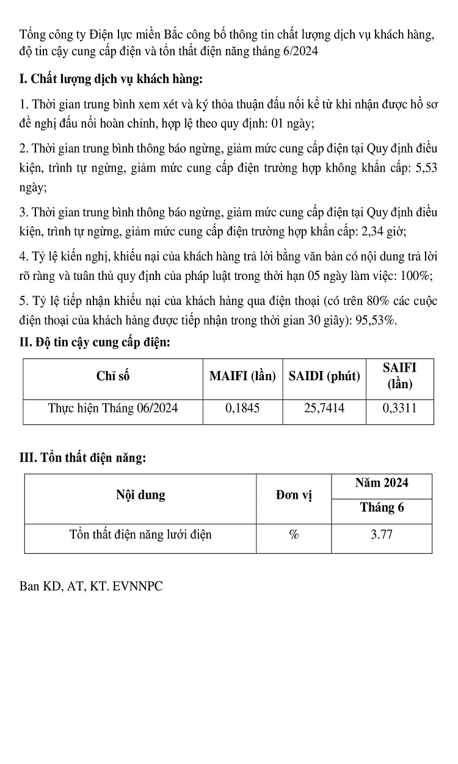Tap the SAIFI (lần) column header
coord(399,376)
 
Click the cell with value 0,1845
coord(242,408)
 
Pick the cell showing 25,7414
coord(324,408)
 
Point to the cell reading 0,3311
coord(399,408)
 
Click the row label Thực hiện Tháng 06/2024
coord(113,408)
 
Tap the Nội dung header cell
coord(140,496)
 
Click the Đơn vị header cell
coord(294,496)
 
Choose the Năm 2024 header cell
coord(382,483)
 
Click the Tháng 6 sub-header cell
coord(382,508)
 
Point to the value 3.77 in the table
coord(382,535)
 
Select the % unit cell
coord(294,535)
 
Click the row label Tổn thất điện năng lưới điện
coord(140,535)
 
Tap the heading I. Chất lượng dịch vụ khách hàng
coord(111,79)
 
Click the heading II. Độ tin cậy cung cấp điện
coord(95,343)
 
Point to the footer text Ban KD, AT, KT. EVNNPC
coord(91,587)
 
